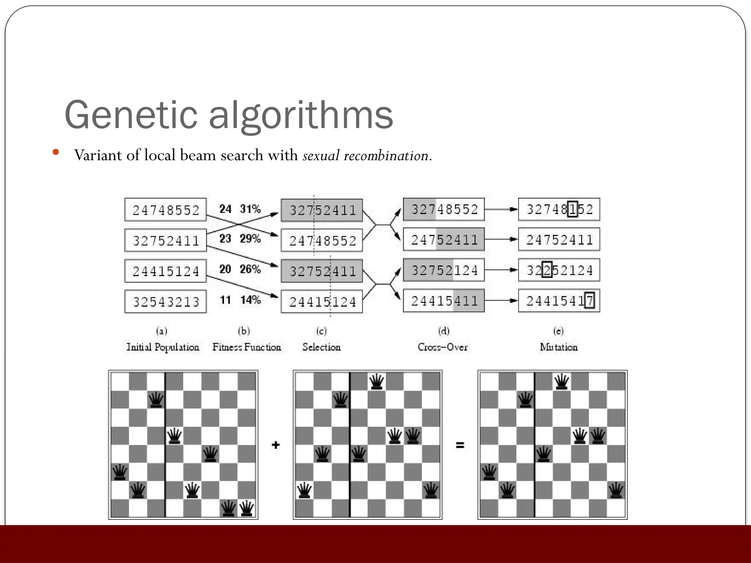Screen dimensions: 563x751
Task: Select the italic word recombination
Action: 386,156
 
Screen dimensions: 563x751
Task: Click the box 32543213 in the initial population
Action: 165,302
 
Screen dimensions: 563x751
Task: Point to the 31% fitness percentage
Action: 250,209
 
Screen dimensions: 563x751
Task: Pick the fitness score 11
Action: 225,300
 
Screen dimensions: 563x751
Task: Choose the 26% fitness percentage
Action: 250,269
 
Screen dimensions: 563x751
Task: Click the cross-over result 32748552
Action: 444,209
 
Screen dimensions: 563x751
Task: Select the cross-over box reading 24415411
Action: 444,301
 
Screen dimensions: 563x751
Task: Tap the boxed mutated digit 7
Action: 589,301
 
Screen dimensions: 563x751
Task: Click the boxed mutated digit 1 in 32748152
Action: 572,209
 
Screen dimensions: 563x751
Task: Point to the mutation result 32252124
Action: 559,271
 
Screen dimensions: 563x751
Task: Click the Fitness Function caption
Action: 246,347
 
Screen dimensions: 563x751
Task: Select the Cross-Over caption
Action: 443,347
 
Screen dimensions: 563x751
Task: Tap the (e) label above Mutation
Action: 558,331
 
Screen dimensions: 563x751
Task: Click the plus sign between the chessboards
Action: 276,445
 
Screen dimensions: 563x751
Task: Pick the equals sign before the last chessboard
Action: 460,445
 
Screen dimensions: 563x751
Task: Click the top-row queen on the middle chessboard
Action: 377,382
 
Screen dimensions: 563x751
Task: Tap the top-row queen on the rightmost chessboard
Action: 561,382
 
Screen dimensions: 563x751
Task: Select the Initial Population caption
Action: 162,347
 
